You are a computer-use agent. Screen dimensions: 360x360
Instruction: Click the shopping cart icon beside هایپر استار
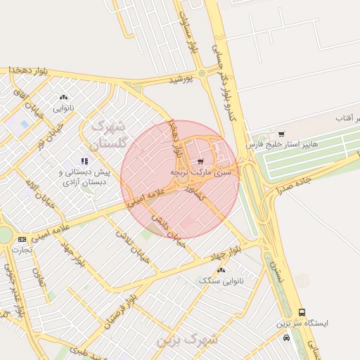pyautogui.click(x=281, y=134)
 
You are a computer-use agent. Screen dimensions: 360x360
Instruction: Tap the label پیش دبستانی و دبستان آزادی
pyautogui.click(x=84, y=177)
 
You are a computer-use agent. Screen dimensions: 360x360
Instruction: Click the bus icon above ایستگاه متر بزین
pyautogui.click(x=302, y=312)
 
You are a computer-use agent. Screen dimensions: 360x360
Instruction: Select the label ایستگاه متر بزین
pyautogui.click(x=302, y=323)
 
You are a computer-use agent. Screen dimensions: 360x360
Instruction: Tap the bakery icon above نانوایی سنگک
pyautogui.click(x=221, y=270)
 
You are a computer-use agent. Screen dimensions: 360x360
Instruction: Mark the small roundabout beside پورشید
pyautogui.click(x=202, y=72)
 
